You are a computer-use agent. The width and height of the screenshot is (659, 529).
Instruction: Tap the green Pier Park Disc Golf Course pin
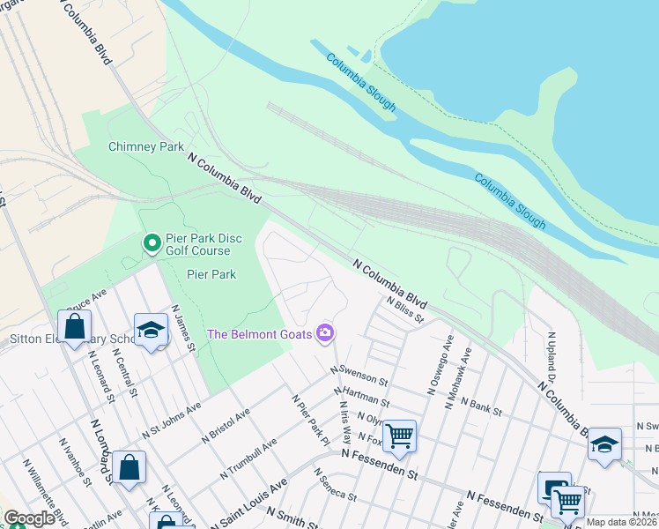pyautogui.click(x=152, y=242)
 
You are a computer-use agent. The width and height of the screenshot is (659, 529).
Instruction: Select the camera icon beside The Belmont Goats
pyautogui.click(x=326, y=332)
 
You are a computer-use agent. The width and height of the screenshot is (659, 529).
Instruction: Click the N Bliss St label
pyautogui.click(x=405, y=309)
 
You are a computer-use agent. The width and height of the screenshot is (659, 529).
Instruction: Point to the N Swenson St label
pyautogui.click(x=359, y=376)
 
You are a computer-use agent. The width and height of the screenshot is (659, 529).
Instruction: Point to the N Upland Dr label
pyautogui.click(x=554, y=358)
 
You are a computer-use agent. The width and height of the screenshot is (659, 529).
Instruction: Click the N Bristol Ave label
pyautogui.click(x=226, y=424)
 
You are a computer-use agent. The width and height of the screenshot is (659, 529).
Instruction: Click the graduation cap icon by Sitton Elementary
pyautogui.click(x=151, y=329)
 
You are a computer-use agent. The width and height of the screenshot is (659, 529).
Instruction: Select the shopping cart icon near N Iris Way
pyautogui.click(x=399, y=435)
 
